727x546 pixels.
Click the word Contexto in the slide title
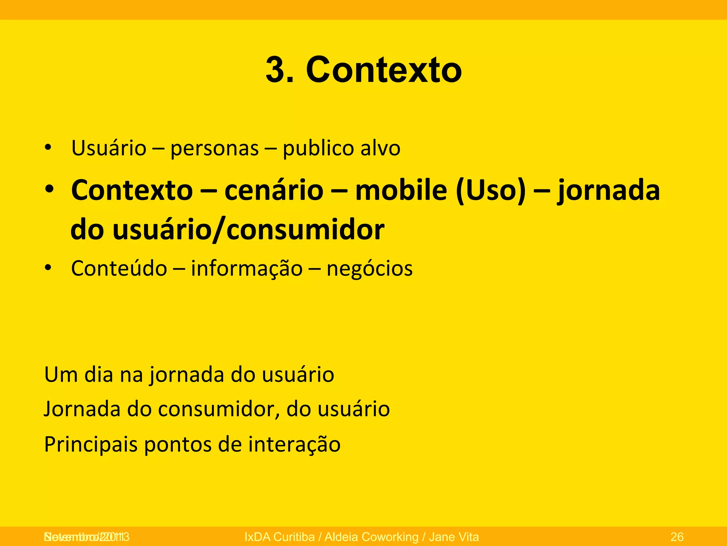click(x=384, y=70)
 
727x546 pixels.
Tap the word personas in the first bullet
click(x=214, y=148)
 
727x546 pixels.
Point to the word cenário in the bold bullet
click(x=274, y=190)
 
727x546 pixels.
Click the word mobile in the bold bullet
click(x=401, y=190)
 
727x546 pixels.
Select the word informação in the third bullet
click(x=247, y=269)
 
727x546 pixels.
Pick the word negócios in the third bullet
click(x=370, y=269)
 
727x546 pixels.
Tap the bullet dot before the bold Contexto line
click(x=49, y=189)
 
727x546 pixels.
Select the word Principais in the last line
click(x=91, y=444)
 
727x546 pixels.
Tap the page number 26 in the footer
click(x=677, y=536)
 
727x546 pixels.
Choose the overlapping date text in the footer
click(x=86, y=536)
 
